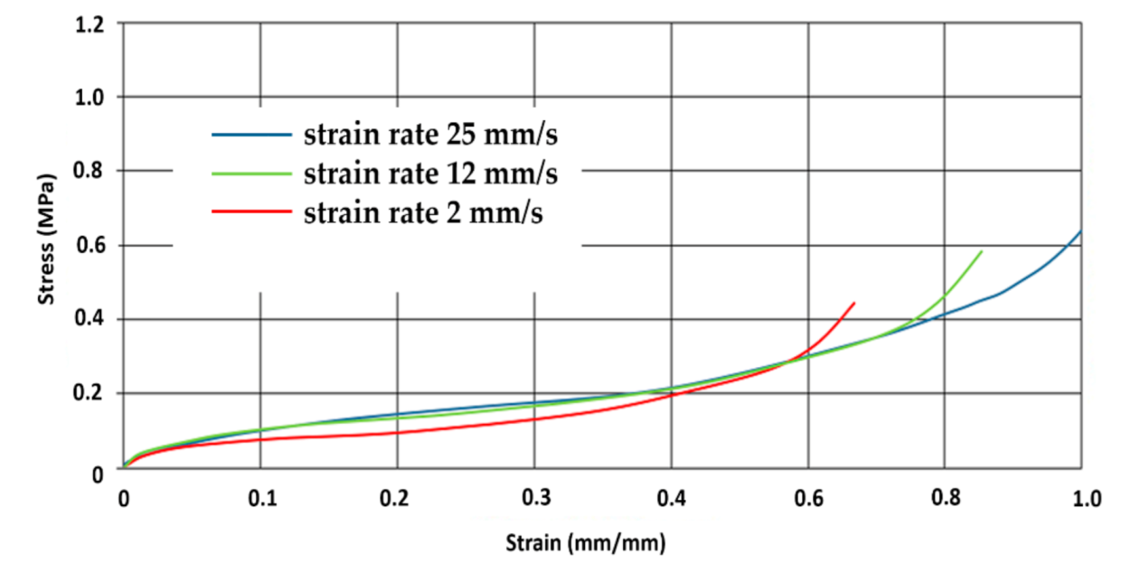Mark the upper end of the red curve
(853, 303)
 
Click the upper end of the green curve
(981, 251)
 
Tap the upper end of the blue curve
(1080, 231)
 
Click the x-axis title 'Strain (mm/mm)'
(585, 542)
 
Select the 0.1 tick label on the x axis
(260, 499)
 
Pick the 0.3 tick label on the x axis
(534, 499)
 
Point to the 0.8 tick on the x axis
(945, 499)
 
